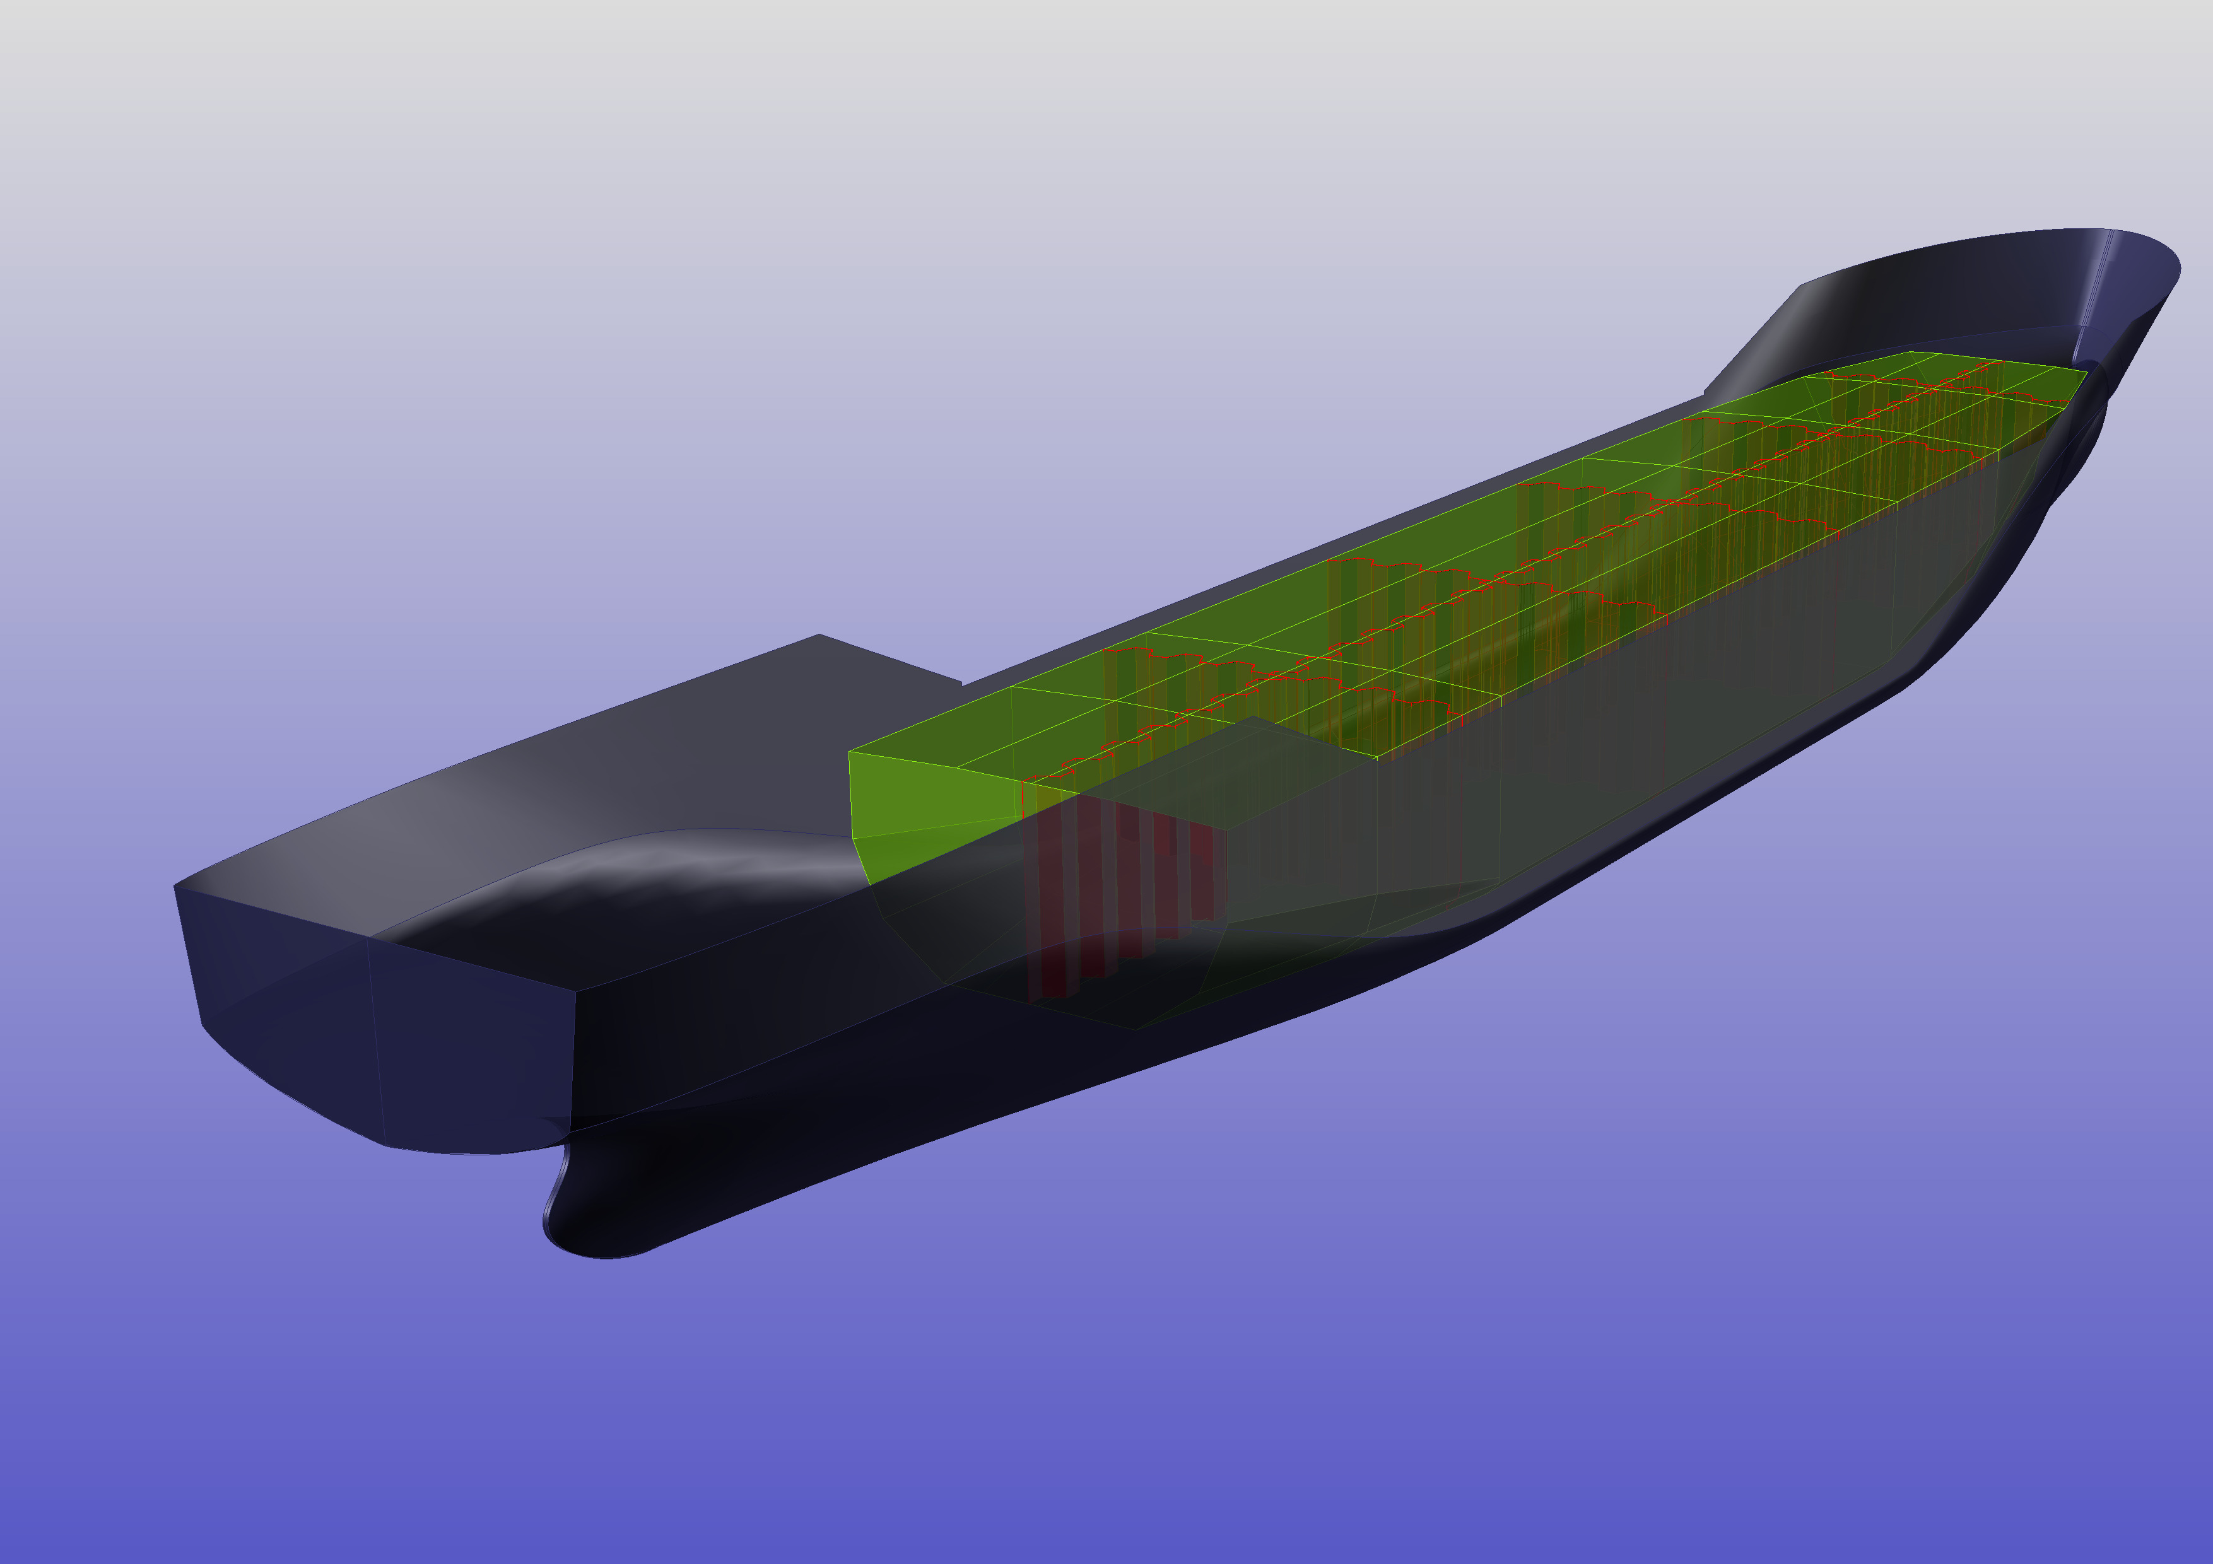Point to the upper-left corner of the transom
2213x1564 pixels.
pyautogui.click(x=175, y=885)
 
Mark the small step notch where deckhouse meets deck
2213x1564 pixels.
pyautogui.click(x=961, y=684)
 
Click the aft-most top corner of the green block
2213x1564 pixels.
pyautogui.click(x=849, y=752)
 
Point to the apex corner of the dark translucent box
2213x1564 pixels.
pyautogui.click(x=1250, y=717)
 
